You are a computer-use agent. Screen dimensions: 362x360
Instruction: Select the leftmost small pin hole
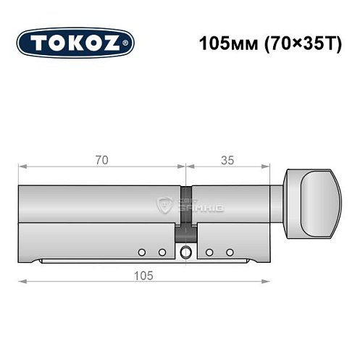(x=142, y=252)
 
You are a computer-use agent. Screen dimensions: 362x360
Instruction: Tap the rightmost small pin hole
(x=230, y=252)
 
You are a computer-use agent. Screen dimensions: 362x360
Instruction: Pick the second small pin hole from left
(x=162, y=252)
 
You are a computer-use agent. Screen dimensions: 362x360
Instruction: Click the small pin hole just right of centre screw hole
(x=209, y=252)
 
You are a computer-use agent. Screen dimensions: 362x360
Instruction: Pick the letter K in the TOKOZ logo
(x=74, y=43)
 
